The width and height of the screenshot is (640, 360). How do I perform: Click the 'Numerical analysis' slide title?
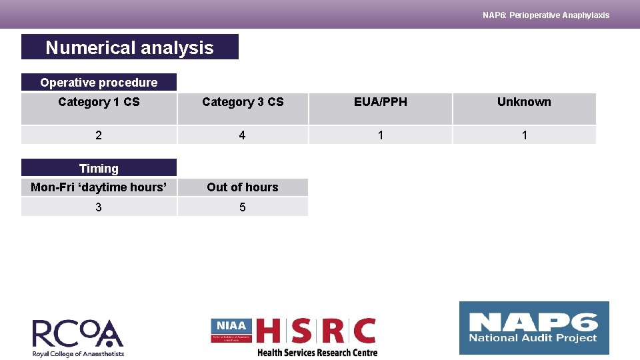[x=129, y=47]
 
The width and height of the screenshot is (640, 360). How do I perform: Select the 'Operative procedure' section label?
[x=99, y=83]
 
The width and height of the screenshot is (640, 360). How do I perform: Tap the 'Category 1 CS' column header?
[x=99, y=102]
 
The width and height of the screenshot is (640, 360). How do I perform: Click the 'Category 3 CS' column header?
[x=243, y=102]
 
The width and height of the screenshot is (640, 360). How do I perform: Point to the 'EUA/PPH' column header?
[x=380, y=102]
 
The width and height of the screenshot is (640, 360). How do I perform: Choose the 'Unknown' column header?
[x=524, y=102]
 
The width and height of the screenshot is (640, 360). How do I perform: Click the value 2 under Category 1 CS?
[x=99, y=135]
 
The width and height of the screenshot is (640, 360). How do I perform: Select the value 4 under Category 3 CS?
[x=242, y=135]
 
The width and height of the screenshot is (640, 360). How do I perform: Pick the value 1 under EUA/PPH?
[x=380, y=135]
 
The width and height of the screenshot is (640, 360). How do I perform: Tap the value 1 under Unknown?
[x=524, y=135]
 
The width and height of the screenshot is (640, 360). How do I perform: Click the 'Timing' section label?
[x=99, y=169]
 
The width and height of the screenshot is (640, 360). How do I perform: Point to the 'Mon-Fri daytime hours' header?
[x=99, y=187]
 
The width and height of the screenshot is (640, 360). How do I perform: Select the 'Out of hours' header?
[x=243, y=187]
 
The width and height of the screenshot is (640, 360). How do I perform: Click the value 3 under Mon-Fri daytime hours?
[x=99, y=207]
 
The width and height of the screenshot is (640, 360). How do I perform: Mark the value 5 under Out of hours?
[x=242, y=207]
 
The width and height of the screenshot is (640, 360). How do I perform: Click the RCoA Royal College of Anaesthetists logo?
[x=78, y=337]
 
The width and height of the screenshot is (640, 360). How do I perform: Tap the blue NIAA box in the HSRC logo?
[x=231, y=329]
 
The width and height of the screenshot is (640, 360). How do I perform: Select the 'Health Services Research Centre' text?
[x=317, y=353]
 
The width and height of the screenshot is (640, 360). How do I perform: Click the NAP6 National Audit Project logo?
[x=534, y=328]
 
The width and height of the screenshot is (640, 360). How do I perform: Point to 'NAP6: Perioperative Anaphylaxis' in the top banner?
[x=546, y=15]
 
